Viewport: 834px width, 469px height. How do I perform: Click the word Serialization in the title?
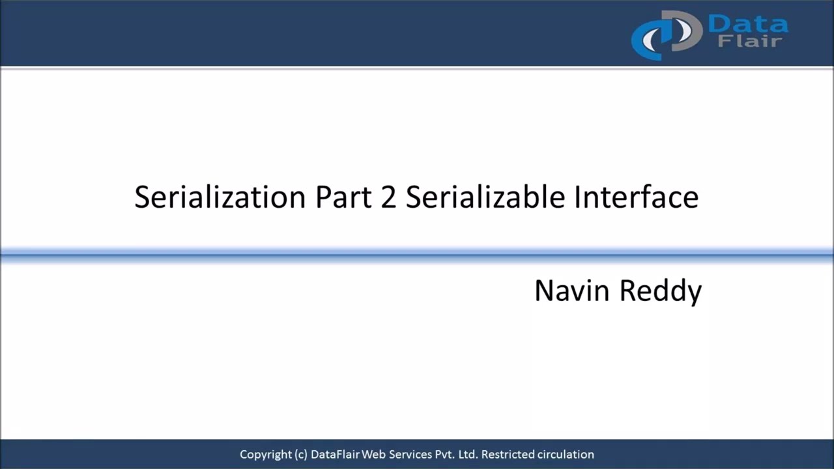[x=220, y=197]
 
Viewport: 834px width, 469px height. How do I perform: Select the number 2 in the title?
[x=389, y=197]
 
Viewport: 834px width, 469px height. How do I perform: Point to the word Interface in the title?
[x=636, y=197]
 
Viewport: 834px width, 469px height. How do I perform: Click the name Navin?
[x=573, y=290]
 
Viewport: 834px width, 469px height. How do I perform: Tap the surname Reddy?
[x=660, y=290]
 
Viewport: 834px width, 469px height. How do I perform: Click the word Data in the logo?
[x=748, y=25]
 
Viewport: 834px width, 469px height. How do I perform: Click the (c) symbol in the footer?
[x=300, y=455]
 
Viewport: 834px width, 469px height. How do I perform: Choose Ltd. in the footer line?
[x=468, y=455]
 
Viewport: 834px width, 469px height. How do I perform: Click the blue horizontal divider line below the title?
[x=417, y=255]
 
